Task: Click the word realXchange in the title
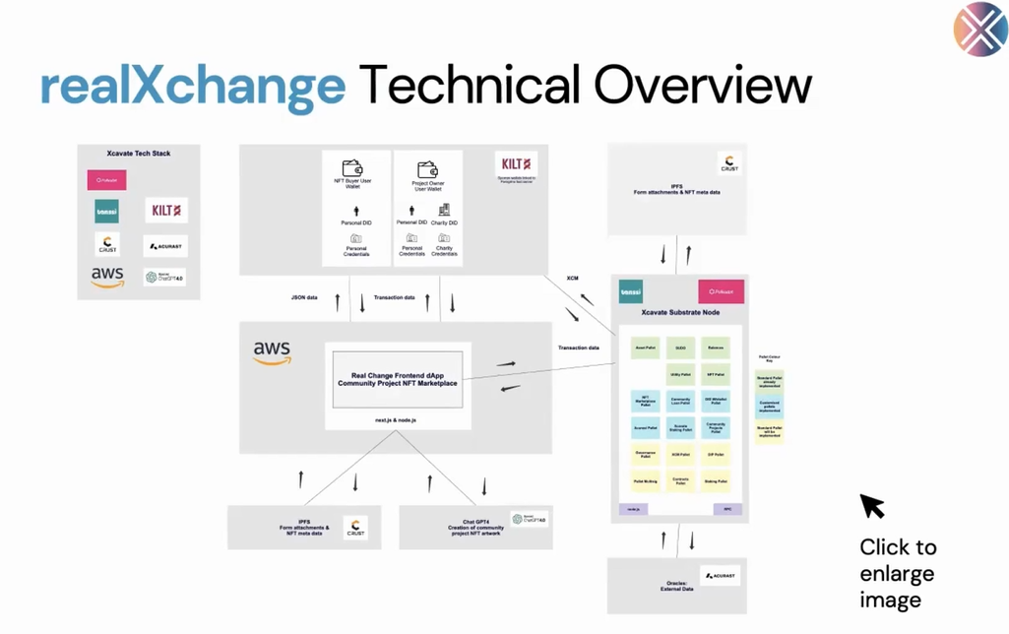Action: click(193, 86)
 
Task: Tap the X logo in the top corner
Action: click(979, 30)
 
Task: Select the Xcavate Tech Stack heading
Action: click(139, 154)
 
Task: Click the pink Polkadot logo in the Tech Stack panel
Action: click(106, 180)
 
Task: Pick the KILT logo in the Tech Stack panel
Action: click(165, 210)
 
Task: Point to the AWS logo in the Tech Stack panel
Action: click(107, 277)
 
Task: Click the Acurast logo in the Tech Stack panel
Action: click(164, 245)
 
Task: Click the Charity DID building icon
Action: click(444, 210)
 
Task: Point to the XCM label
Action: click(572, 279)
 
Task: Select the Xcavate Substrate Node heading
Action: click(680, 312)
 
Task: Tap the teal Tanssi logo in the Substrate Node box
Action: click(631, 292)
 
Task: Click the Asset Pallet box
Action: click(645, 348)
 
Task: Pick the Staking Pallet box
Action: click(716, 481)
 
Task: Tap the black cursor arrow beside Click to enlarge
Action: click(871, 506)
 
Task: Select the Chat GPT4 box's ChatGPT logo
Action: click(530, 519)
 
